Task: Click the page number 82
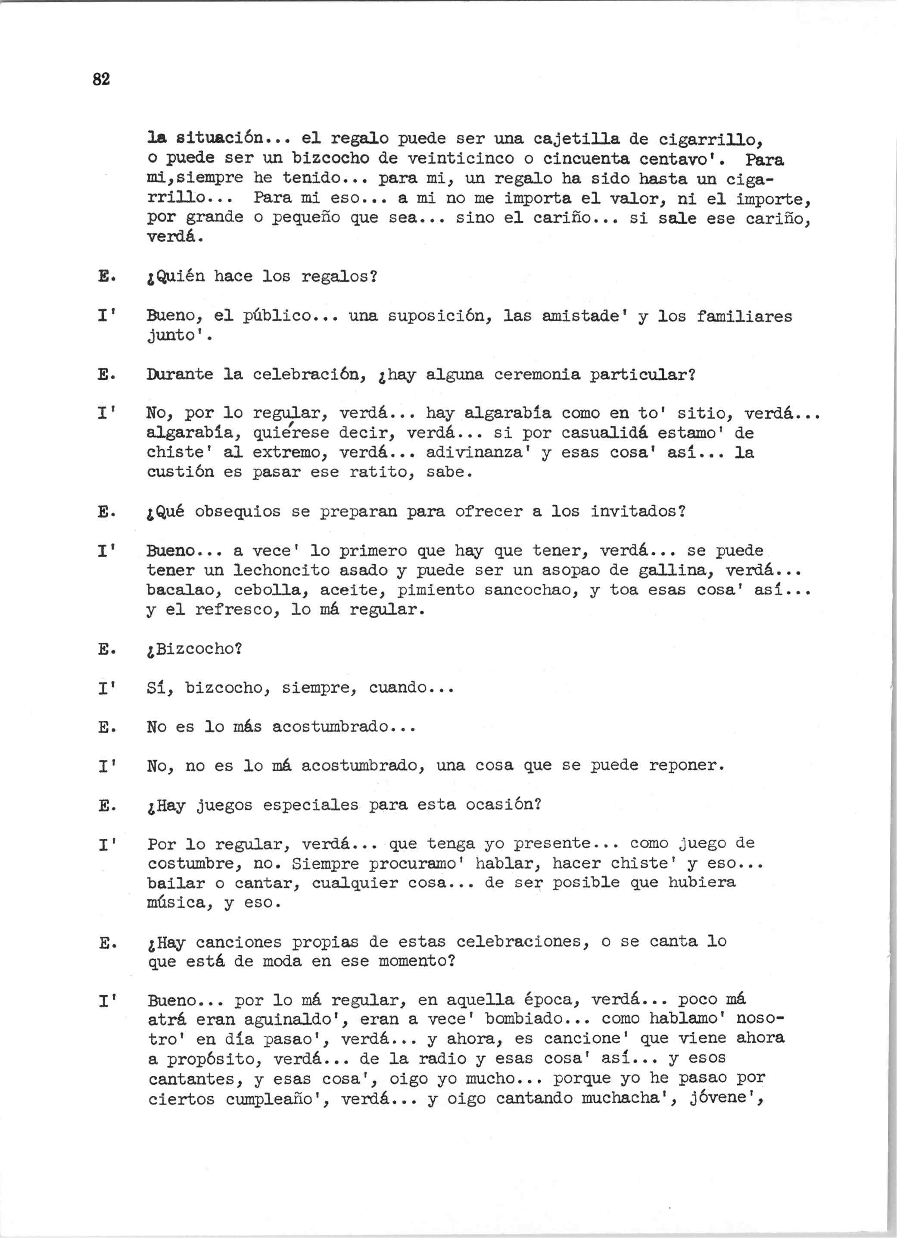[102, 80]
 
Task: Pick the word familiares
[744, 316]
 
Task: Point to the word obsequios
[238, 512]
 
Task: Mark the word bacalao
[185, 590]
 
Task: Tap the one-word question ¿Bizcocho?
[195, 649]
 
